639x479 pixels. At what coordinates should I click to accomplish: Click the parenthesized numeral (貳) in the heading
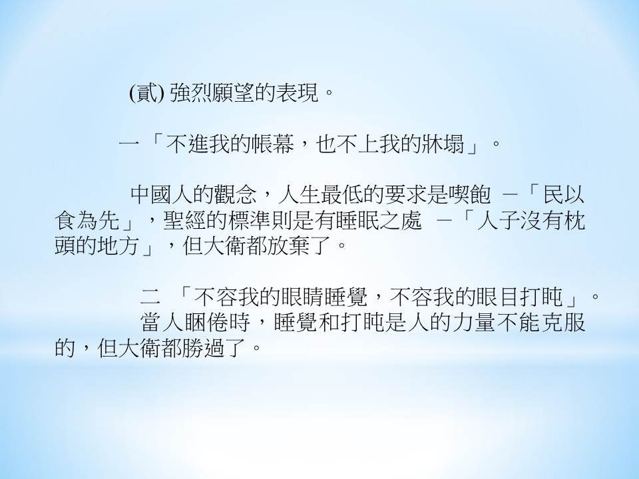(x=146, y=93)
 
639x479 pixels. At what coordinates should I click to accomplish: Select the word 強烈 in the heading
(x=191, y=93)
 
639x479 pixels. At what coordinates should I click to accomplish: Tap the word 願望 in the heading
(x=234, y=93)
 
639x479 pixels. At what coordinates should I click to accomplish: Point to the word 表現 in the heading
(x=298, y=93)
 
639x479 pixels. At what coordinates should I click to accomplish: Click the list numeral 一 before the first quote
(x=128, y=144)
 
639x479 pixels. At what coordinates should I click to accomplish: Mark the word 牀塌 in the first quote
(x=443, y=144)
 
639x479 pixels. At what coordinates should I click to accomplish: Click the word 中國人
(x=162, y=195)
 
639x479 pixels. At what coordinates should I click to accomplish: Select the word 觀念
(x=237, y=195)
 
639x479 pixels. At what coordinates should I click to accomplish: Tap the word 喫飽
(x=470, y=195)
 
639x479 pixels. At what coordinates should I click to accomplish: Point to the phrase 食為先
(x=87, y=220)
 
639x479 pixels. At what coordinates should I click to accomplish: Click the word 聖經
(x=184, y=220)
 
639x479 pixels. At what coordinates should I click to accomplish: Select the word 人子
(x=499, y=220)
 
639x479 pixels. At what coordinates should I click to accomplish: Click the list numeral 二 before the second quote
(x=150, y=297)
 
